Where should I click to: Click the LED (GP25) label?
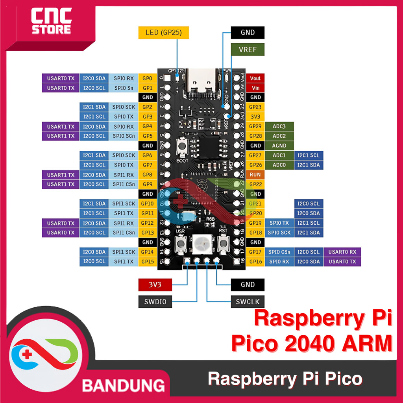(x=164, y=33)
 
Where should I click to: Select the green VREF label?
(x=248, y=50)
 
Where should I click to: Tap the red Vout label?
(x=255, y=78)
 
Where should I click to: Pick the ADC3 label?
(x=279, y=126)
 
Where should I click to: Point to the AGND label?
(x=279, y=146)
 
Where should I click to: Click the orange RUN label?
(x=255, y=174)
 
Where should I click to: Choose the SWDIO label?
(x=155, y=302)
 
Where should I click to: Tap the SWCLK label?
(x=248, y=302)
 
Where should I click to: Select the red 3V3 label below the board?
(x=155, y=285)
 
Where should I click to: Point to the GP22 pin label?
(x=255, y=184)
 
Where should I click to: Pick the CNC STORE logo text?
(x=52, y=22)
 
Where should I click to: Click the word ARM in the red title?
(x=367, y=342)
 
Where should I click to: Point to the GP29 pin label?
(x=255, y=126)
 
